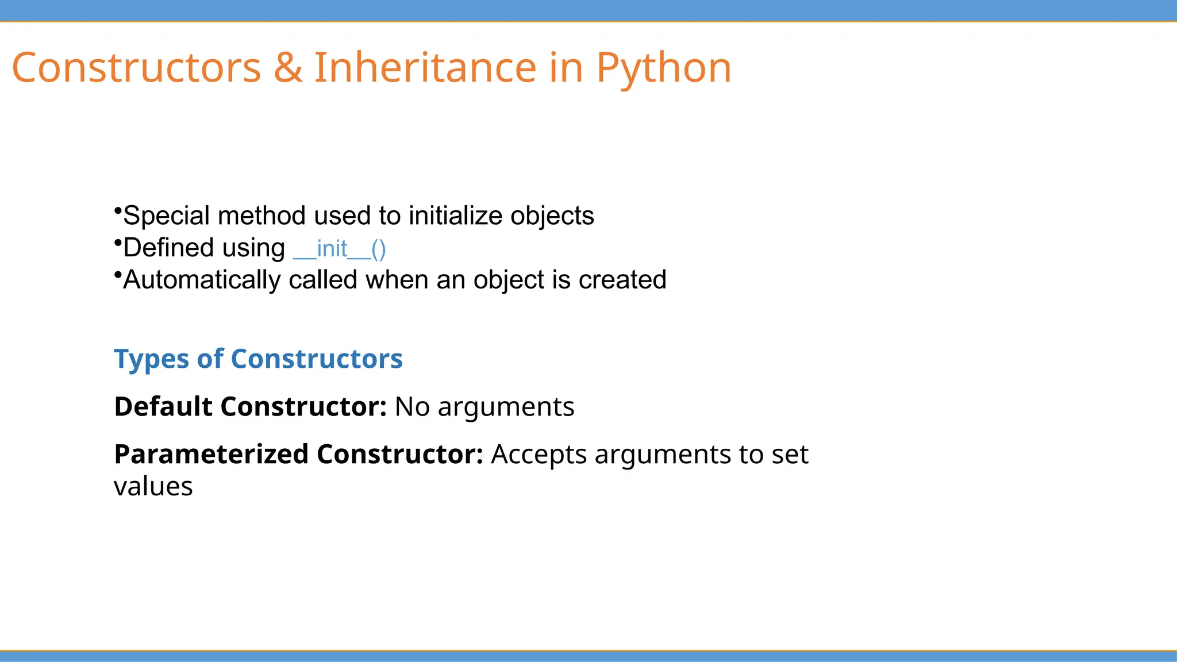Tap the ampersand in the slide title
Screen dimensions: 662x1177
(x=287, y=68)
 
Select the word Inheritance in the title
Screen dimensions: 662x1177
(x=425, y=68)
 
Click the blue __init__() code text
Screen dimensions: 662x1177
(x=339, y=249)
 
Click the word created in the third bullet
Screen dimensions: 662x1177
(x=622, y=280)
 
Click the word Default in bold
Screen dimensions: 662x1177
(x=163, y=407)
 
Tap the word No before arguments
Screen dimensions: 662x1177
(x=412, y=407)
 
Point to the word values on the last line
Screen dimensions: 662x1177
(x=153, y=487)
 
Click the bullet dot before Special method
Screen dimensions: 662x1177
(x=118, y=210)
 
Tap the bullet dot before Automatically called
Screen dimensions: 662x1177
(x=118, y=274)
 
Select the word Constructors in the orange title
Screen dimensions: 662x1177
(x=136, y=68)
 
